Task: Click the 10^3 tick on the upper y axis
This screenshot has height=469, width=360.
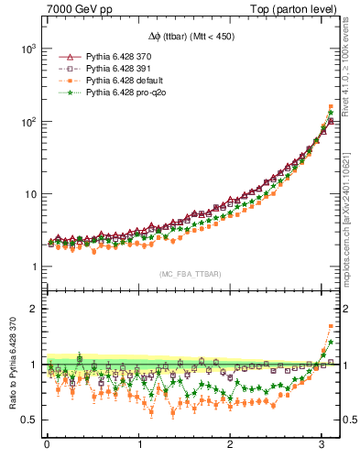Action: point(27,48)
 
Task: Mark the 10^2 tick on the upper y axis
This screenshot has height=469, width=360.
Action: point(27,121)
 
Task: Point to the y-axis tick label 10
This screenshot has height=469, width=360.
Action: point(29,194)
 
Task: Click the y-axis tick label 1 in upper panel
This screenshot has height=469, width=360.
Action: point(34,267)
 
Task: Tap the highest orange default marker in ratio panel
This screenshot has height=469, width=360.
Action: point(331,325)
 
